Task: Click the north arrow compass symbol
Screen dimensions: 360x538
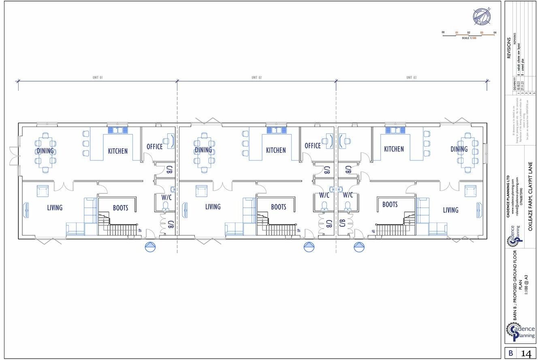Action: click(482, 16)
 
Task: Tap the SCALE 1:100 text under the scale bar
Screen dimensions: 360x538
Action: click(469, 38)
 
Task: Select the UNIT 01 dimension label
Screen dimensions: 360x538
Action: click(98, 77)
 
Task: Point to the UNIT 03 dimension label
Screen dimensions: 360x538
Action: click(411, 77)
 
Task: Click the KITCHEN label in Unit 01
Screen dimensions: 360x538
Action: click(117, 151)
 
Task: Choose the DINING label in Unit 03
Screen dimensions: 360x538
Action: click(459, 149)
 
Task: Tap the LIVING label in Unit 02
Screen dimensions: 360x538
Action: click(212, 207)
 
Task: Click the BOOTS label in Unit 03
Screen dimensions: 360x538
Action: click(390, 205)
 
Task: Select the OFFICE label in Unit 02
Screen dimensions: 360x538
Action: click(312, 146)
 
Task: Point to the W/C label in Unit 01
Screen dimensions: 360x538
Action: click(167, 197)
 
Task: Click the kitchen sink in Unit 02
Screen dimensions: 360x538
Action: click(276, 130)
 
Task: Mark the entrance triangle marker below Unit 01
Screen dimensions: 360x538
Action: click(150, 246)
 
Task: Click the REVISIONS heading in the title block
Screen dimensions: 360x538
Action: click(509, 49)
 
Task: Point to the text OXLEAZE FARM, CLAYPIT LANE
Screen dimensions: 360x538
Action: click(530, 197)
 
